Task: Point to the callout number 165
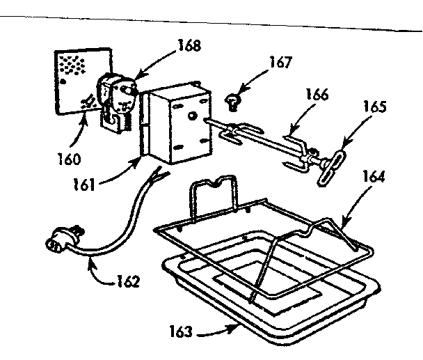[372, 108]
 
